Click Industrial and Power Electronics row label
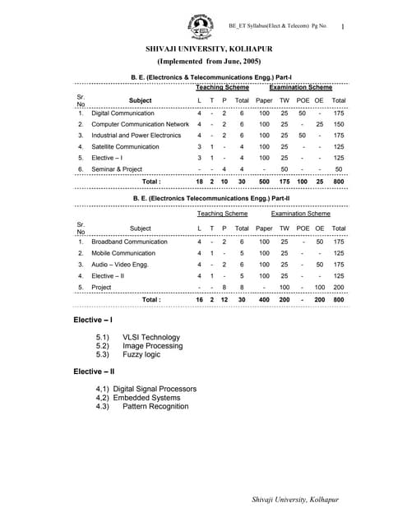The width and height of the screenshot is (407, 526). coord(136,135)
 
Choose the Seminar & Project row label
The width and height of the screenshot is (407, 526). coord(116,168)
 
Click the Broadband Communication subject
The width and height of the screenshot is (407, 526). coord(129,242)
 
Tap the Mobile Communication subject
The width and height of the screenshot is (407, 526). coord(123,254)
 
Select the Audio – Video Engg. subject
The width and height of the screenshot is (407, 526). coord(122,265)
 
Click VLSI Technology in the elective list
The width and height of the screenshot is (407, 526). coord(150,337)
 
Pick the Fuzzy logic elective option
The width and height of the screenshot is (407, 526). coord(143,355)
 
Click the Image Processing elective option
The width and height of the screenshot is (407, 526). coord(153,346)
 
